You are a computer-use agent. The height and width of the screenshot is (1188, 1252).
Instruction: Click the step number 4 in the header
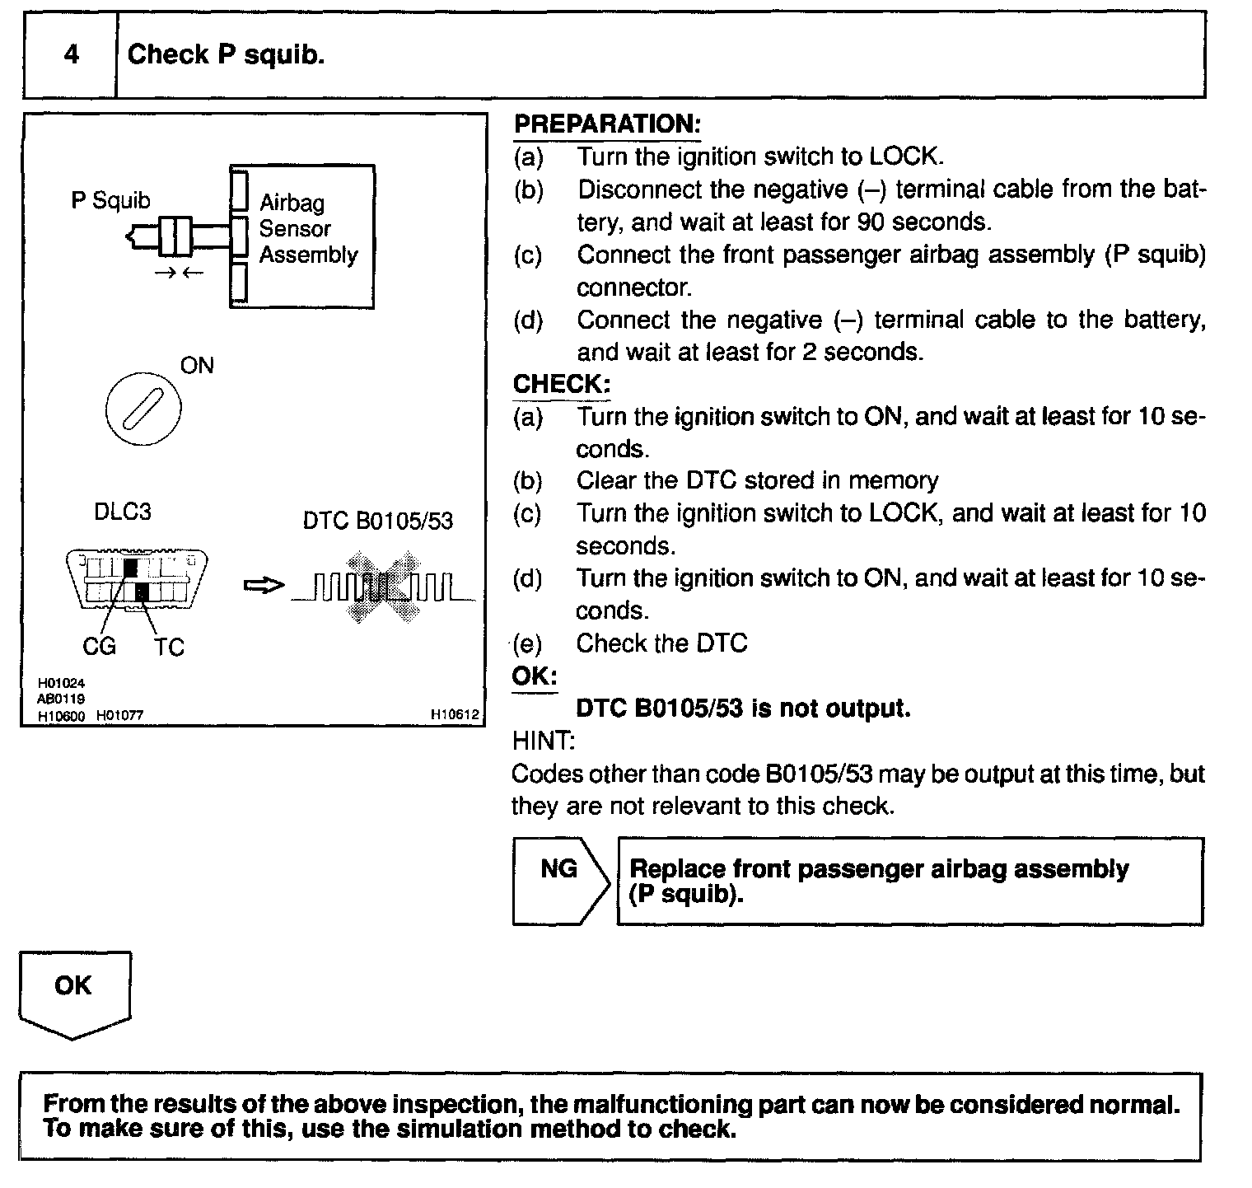[x=72, y=54]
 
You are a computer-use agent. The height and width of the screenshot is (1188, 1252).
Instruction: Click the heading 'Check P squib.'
[x=226, y=54]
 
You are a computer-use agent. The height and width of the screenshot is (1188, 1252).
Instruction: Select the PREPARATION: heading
[x=607, y=124]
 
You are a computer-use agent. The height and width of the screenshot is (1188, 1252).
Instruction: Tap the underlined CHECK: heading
[x=562, y=384]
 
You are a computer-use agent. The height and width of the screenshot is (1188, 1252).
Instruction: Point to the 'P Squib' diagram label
[x=110, y=200]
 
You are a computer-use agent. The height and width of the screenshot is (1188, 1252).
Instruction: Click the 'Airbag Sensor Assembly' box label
[x=307, y=229]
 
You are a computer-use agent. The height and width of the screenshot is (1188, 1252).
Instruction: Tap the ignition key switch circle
[x=143, y=409]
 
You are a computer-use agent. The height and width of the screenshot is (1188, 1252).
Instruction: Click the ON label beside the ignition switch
[x=197, y=365]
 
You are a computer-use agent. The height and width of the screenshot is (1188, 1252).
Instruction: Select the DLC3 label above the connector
[x=123, y=512]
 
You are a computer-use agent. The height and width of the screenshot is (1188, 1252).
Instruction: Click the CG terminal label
[x=99, y=647]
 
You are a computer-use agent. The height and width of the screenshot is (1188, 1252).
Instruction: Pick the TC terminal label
[x=169, y=647]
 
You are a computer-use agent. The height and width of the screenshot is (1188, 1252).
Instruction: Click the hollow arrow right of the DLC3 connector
[x=264, y=586]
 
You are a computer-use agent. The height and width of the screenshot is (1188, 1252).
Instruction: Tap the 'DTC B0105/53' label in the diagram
[x=377, y=521]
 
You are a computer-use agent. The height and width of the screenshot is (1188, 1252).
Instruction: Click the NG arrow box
[x=561, y=881]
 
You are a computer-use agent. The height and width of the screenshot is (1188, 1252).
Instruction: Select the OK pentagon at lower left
[x=74, y=993]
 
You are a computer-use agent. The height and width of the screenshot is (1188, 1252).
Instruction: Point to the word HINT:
[x=543, y=741]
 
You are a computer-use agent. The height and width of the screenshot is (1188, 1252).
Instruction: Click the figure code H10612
[x=454, y=715]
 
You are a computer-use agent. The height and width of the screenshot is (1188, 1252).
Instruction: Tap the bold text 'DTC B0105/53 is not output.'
[x=743, y=708]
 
